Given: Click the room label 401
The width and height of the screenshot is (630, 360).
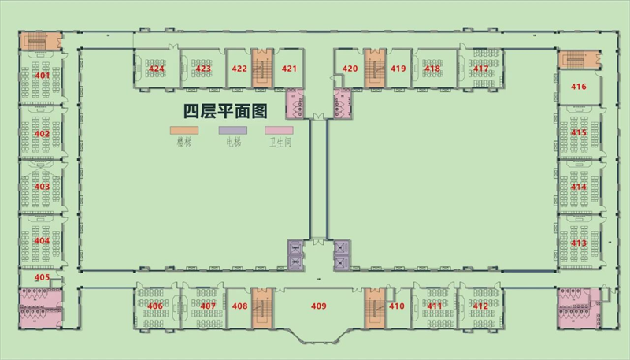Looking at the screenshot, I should click(43, 74).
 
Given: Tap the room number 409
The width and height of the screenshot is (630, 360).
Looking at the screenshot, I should click(319, 306).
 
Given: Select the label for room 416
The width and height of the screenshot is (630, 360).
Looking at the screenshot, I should click(579, 87).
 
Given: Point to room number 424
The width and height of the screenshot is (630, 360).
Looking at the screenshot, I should click(156, 69).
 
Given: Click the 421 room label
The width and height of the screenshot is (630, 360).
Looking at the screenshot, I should click(289, 69).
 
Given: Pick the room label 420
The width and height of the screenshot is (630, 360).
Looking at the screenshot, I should click(350, 69).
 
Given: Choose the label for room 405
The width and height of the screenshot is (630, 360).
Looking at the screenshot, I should click(42, 277).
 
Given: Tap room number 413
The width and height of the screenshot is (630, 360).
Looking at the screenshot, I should click(579, 243).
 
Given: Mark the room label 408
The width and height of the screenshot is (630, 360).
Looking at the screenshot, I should click(239, 306).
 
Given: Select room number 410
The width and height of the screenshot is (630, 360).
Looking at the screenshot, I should click(397, 306).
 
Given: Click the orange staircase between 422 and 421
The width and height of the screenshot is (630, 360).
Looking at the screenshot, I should click(262, 69).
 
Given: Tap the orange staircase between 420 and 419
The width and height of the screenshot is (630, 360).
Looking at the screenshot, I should click(374, 69).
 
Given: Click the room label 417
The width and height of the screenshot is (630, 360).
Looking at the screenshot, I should click(481, 69).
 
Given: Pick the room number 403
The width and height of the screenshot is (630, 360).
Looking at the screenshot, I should click(43, 187).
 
